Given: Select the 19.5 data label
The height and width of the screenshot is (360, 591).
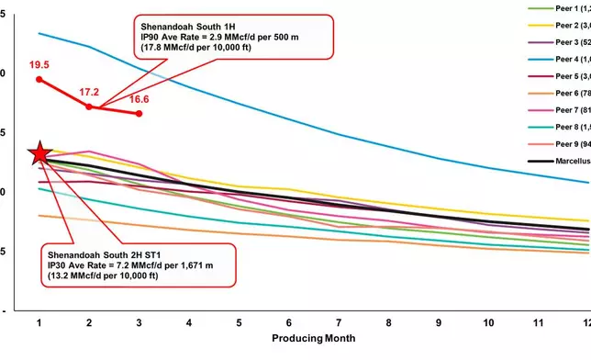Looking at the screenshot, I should tap(39, 65).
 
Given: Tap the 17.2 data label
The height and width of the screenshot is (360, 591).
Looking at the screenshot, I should tap(89, 93).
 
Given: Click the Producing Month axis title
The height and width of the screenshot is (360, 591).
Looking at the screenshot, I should tap(314, 339).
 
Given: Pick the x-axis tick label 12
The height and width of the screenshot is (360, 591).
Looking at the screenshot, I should tap(585, 322).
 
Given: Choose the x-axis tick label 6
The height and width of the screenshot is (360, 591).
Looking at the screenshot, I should tap(288, 322).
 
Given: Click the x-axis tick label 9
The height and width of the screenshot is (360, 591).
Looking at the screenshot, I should tap(437, 322).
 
